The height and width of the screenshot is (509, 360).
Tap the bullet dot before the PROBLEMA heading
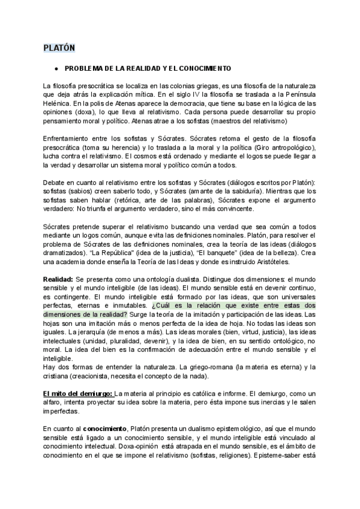click(x=55, y=68)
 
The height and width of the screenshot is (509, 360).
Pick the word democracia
click(x=168, y=103)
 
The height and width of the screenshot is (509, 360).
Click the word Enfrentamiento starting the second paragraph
click(x=69, y=139)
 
